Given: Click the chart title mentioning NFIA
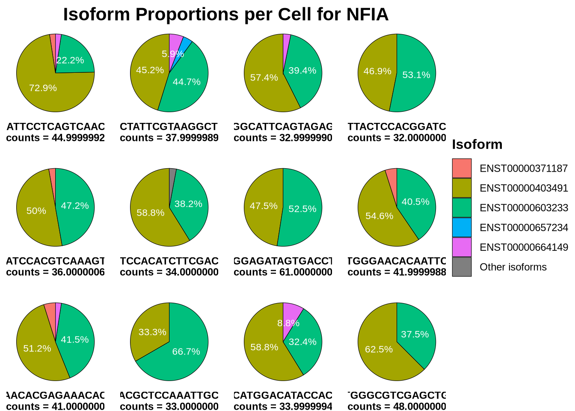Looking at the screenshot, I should (x=225, y=15).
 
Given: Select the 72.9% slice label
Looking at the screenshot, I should (x=43, y=88).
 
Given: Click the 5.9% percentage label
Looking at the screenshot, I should (x=172, y=54).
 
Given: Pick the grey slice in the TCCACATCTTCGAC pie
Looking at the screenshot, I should (x=172, y=172).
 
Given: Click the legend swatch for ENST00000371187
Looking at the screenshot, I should (x=462, y=168).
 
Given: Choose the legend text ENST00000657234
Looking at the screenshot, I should (x=524, y=227).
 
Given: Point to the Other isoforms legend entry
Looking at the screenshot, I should (x=513, y=267).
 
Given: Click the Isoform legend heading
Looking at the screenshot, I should (x=477, y=144).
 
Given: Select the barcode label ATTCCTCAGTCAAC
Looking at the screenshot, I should (x=56, y=127).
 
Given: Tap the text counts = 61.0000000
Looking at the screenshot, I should (x=283, y=272).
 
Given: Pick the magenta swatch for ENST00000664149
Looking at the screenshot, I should (x=462, y=247).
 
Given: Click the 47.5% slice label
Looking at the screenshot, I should (x=264, y=206).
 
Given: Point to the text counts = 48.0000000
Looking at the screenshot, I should (x=397, y=406).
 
